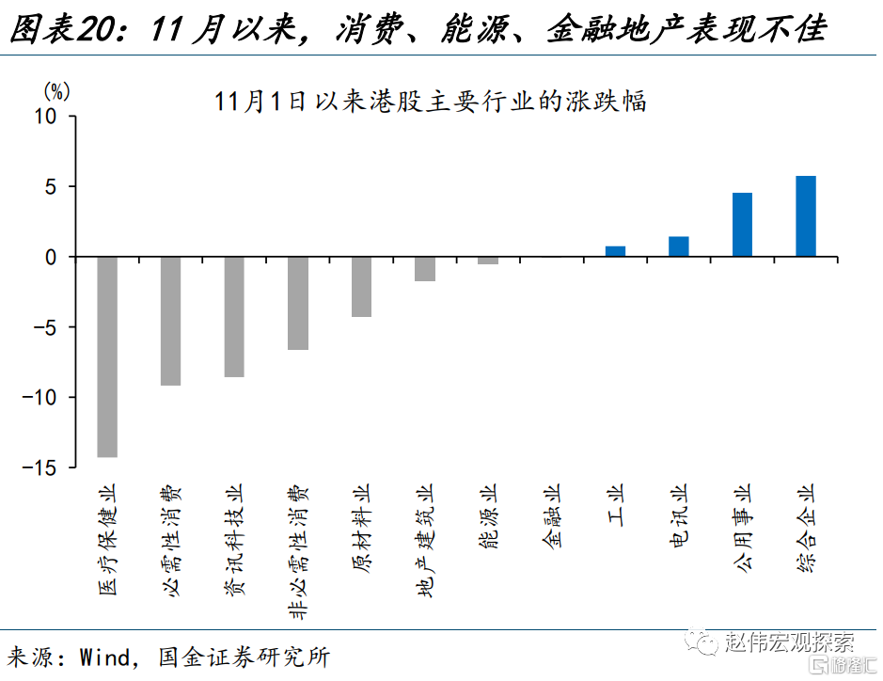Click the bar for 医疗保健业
click(107, 356)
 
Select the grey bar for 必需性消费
click(170, 321)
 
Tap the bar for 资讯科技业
click(234, 317)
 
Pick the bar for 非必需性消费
click(298, 303)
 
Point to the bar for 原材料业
click(361, 287)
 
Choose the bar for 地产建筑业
click(425, 269)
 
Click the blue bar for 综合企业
click(806, 216)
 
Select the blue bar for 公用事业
click(742, 225)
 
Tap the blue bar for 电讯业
click(679, 246)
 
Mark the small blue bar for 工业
click(615, 251)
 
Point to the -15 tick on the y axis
click(43, 467)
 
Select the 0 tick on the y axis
click(53, 257)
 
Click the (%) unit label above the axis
click(56, 91)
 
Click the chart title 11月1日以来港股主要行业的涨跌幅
click(430, 102)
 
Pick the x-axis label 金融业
click(552, 516)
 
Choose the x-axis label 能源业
click(488, 516)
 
